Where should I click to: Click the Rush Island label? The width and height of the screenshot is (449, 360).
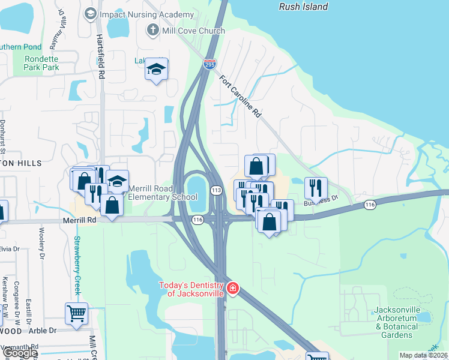click(304, 7)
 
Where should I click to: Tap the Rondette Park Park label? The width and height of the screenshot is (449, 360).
click(42, 63)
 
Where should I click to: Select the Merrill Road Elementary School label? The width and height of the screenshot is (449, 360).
click(163, 193)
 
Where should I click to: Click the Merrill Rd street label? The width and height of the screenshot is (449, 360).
click(79, 220)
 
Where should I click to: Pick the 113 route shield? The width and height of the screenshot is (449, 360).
click(217, 190)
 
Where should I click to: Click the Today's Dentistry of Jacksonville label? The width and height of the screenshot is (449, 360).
click(191, 289)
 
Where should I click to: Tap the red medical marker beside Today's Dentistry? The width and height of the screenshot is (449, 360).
click(232, 289)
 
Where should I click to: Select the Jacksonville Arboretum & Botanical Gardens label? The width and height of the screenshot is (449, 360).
click(396, 322)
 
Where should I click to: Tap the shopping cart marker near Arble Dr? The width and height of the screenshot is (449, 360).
click(77, 313)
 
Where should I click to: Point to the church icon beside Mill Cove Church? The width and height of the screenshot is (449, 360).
click(153, 30)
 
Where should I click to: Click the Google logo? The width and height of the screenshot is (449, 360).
click(20, 353)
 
